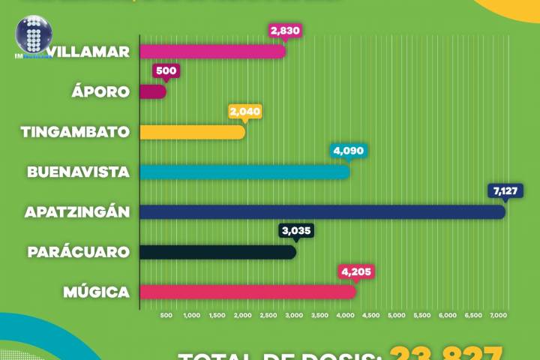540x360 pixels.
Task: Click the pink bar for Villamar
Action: [213, 52]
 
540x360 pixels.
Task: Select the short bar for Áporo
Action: [153, 91]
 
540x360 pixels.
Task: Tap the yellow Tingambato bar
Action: [193, 132]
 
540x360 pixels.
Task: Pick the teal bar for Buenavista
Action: [245, 172]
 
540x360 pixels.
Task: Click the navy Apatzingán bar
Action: [322, 211]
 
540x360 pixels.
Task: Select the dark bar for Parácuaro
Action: [217, 252]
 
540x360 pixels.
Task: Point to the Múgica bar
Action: [248, 292]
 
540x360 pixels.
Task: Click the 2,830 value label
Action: [286, 31]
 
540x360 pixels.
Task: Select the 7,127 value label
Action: [504, 191]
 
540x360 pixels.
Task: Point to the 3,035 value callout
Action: [296, 231]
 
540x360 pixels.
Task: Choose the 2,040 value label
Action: [245, 111]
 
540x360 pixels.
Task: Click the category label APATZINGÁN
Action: [77, 212]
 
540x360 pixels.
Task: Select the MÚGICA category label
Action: [95, 292]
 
